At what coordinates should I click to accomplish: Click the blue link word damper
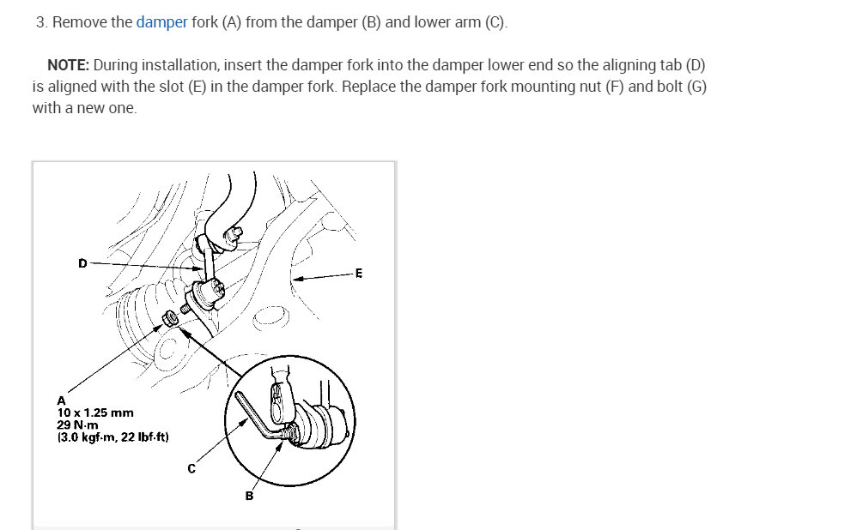[161, 22]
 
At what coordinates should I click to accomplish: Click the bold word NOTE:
[68, 65]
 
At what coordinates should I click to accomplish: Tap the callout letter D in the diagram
[82, 263]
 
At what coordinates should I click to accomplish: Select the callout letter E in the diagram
[359, 274]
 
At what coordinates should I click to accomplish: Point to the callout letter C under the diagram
[191, 469]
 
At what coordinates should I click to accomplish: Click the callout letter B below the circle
[249, 496]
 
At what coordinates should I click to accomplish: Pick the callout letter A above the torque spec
[61, 401]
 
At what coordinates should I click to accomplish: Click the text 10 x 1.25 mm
[95, 413]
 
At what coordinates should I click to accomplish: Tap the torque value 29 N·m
[77, 425]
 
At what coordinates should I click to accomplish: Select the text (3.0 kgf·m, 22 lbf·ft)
[112, 437]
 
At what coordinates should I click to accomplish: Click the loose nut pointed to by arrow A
[171, 318]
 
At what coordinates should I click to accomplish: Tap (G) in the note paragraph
[696, 87]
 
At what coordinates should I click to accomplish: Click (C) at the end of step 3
[495, 22]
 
